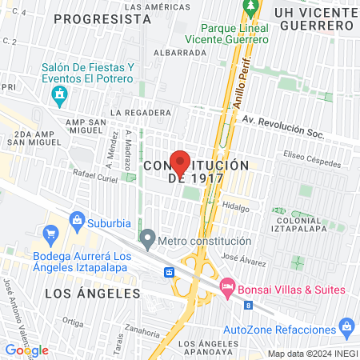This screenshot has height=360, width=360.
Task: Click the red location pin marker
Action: point(181,163)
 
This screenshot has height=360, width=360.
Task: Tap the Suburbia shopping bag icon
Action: point(78,218)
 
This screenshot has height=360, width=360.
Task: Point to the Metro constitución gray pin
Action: point(147,238)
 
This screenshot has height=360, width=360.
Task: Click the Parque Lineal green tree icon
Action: point(250,8)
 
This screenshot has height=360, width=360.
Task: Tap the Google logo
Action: point(26,350)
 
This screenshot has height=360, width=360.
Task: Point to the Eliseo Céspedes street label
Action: point(312,155)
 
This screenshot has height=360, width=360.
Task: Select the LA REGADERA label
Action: point(141,114)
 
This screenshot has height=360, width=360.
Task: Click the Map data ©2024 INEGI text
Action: point(311,353)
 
